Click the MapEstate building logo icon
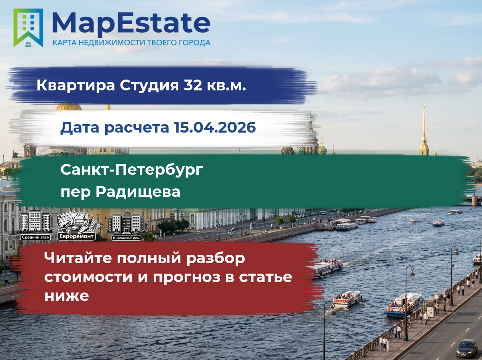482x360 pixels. point(28,28)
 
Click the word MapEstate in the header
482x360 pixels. point(131,24)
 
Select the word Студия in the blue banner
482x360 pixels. point(149,85)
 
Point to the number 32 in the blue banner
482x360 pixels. point(193,85)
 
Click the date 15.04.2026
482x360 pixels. point(215,127)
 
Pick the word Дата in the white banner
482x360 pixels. point(80,128)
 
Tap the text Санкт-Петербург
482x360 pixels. point(132,170)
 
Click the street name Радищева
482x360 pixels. point(138,192)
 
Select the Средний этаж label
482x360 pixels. point(36,237)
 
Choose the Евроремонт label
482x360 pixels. point(76,236)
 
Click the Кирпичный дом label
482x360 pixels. point(126,238)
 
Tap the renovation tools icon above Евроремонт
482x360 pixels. point(78,222)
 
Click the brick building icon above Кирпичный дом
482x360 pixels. point(127,224)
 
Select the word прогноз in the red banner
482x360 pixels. point(187,277)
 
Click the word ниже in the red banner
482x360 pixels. point(67,296)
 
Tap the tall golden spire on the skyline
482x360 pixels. point(424,130)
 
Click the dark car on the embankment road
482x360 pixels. point(467,348)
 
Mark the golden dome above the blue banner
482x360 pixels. point(69,106)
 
